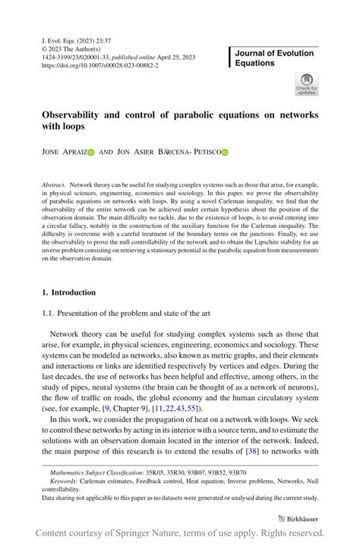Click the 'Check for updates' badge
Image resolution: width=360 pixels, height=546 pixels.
pyautogui.click(x=307, y=84)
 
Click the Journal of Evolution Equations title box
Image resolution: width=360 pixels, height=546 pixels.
pyautogui.click(x=274, y=58)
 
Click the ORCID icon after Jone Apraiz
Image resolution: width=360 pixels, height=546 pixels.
pyautogui.click(x=90, y=152)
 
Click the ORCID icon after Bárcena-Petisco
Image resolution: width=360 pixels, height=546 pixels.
pyautogui.click(x=225, y=152)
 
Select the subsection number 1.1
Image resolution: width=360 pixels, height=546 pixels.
pyautogui.click(x=48, y=314)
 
